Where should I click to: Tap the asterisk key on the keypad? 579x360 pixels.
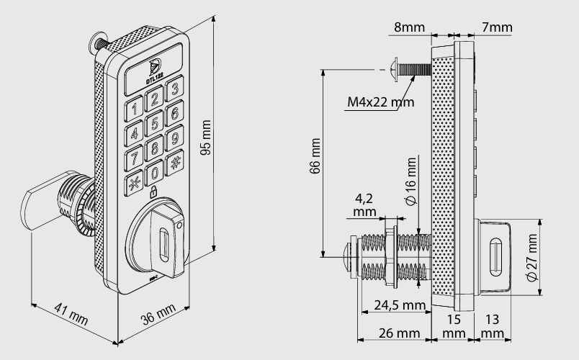pos(134,183)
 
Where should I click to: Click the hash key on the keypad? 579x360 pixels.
pos(174,163)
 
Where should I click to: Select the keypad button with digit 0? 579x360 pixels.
pos(154,173)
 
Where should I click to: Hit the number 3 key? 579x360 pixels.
pos(175,89)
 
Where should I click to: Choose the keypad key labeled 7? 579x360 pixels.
pos(134,158)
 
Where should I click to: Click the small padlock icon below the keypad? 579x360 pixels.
pos(153,192)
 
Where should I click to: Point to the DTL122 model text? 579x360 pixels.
pos(155,78)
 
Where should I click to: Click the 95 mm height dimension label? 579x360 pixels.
pos(206,138)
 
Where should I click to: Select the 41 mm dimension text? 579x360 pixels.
pos(71,314)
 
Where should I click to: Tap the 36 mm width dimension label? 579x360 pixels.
pos(158,315)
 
